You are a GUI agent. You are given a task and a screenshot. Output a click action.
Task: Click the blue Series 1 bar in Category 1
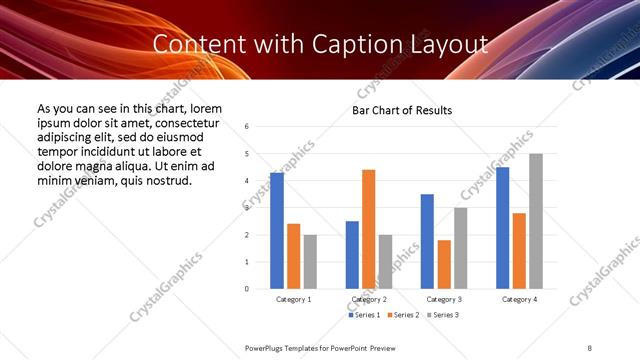click(277, 231)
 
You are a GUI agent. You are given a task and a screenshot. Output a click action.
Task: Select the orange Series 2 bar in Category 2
click(369, 229)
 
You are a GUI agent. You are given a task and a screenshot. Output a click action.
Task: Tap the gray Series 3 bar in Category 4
click(536, 221)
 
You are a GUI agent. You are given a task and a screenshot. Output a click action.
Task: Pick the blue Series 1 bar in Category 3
click(427, 241)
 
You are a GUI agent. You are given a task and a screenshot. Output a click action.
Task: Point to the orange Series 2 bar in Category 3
click(444, 264)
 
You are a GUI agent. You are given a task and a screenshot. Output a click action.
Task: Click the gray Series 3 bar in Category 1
click(310, 262)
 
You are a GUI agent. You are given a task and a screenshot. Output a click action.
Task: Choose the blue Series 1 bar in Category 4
click(502, 228)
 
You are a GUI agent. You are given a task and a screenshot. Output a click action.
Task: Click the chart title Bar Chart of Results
click(402, 110)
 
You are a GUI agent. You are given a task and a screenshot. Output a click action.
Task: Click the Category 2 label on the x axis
click(369, 300)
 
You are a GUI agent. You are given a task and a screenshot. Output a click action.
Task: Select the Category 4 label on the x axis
click(519, 300)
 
